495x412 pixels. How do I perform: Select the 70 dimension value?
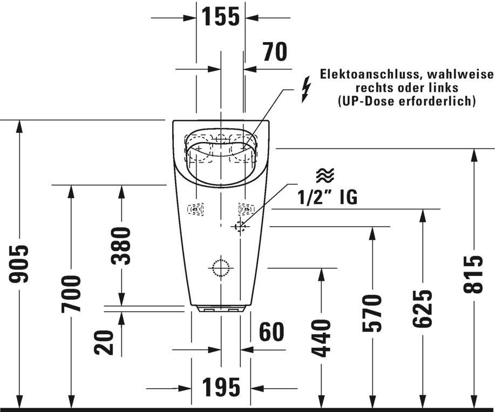tap(275, 52)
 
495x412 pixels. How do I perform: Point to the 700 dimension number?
tap(71, 293)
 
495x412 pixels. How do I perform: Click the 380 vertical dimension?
tap(121, 246)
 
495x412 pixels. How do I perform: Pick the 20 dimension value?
tap(104, 342)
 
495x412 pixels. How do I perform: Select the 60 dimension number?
tap(271, 332)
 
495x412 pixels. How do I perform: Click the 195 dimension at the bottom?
tap(221, 387)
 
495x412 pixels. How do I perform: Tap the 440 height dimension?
tap(322, 338)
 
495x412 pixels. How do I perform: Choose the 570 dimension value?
tap(372, 313)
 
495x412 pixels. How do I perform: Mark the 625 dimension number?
tap(422, 308)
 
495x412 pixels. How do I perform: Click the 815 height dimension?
tap(474, 274)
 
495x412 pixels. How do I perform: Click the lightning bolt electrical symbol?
tap(306, 90)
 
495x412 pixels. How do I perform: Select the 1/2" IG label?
tap(328, 198)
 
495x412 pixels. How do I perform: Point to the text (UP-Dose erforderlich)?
tap(406, 100)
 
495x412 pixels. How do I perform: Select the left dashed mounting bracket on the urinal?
tap(196, 209)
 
